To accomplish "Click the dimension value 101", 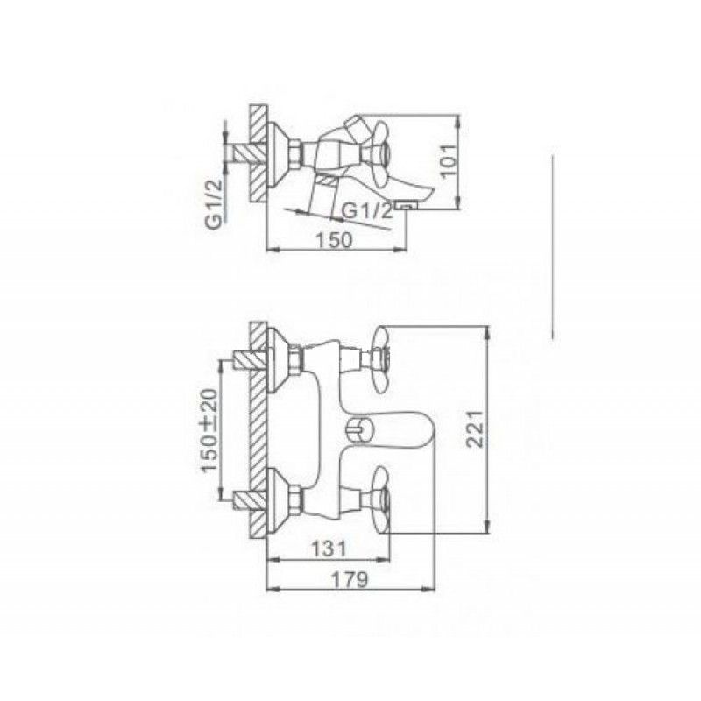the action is pyautogui.click(x=450, y=159).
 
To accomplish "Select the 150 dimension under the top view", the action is pyautogui.click(x=335, y=240).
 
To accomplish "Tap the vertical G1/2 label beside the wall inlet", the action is pyautogui.click(x=214, y=202).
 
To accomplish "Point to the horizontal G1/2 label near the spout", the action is pyautogui.click(x=366, y=210).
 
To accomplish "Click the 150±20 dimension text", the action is pyautogui.click(x=209, y=430).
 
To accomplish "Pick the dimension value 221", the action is pyautogui.click(x=474, y=428).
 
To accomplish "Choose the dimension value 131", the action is pyautogui.click(x=329, y=549).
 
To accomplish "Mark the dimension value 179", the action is pyautogui.click(x=350, y=580).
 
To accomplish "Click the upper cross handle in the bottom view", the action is pyautogui.click(x=381, y=360).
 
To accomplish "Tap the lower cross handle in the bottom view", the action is pyautogui.click(x=381, y=499).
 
